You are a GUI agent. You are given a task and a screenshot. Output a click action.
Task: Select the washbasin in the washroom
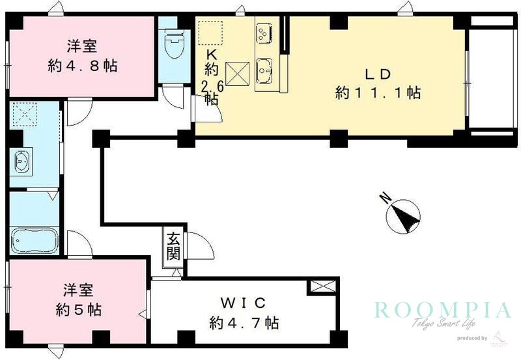coord(21,161)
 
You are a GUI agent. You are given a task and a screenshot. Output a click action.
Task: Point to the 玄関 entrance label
coord(173,245)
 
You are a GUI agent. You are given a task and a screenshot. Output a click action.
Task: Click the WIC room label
coord(244,303)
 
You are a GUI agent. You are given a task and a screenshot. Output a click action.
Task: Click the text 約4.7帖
coord(244,322)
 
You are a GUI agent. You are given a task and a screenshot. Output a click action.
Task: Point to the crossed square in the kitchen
coord(236,72)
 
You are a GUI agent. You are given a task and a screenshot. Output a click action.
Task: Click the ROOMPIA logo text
coord(441,309)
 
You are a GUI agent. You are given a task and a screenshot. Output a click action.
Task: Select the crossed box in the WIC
coord(322,286)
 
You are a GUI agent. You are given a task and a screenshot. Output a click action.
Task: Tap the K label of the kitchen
coord(211,54)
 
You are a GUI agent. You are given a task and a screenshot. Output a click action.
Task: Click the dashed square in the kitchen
coord(211,33)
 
